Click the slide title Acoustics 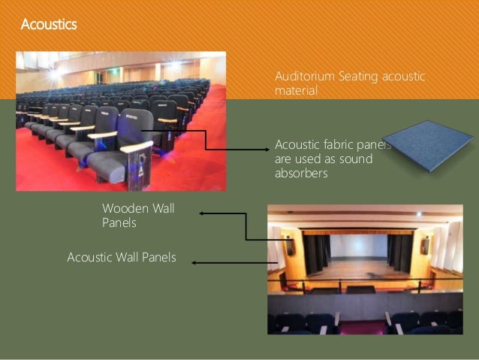point(48,25)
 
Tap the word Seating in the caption point(356,77)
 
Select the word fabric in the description point(336,144)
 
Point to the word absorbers point(302,174)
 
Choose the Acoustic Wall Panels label point(122,258)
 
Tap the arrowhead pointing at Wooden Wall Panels point(203,214)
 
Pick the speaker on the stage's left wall point(291,245)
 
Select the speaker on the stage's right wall point(425,245)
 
